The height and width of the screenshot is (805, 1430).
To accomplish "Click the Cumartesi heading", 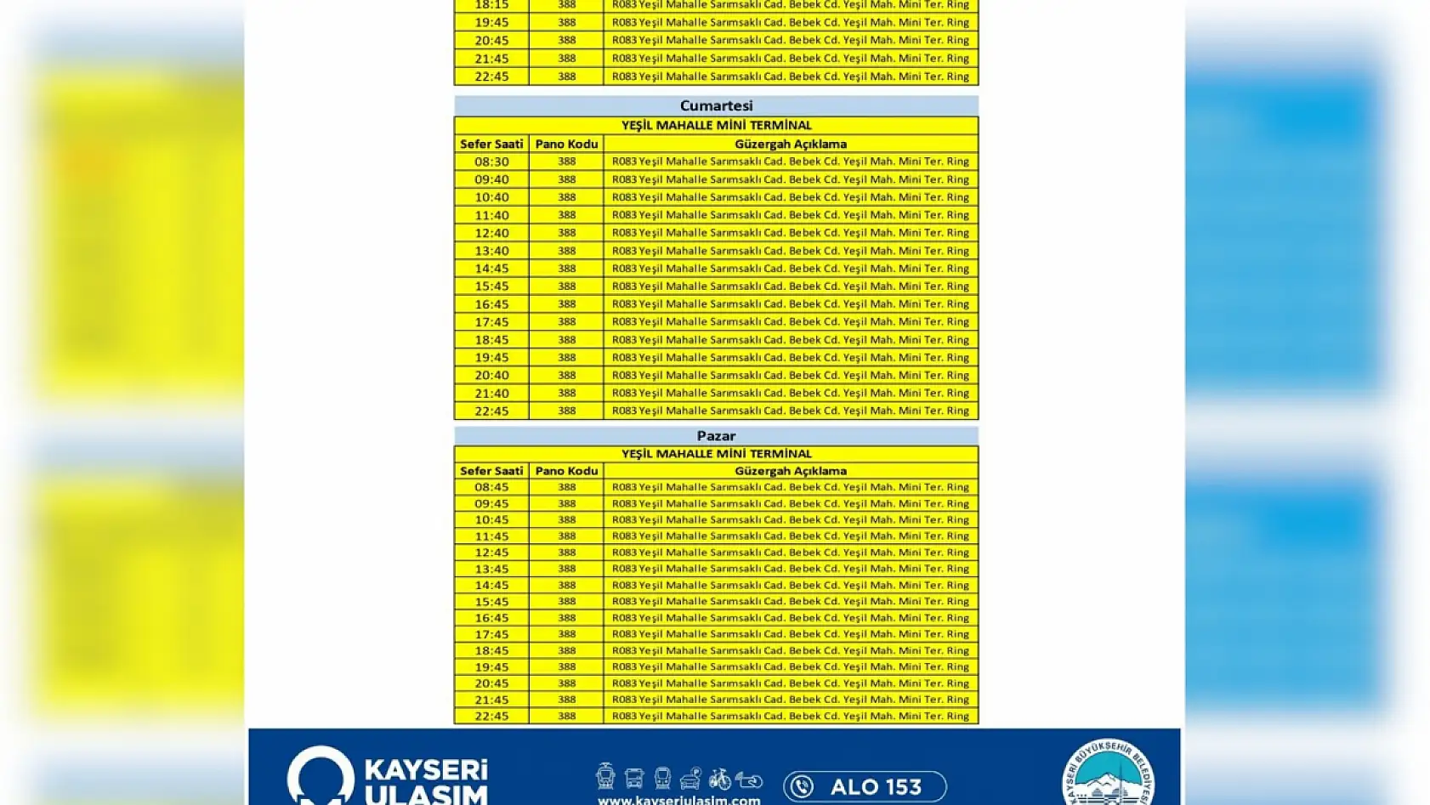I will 716,105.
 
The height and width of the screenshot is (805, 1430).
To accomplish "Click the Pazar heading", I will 716,435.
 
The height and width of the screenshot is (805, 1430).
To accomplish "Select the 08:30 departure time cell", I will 491,162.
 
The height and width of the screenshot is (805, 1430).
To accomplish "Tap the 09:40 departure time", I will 491,179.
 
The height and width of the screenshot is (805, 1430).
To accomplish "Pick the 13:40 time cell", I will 491,251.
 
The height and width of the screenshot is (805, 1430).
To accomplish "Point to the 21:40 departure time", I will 491,393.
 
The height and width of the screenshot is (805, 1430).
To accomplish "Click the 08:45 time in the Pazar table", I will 491,487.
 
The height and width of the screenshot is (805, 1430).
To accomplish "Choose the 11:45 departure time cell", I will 491,536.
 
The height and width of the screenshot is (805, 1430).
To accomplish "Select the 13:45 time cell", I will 491,569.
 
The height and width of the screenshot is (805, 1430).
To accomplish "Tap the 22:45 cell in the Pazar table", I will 491,716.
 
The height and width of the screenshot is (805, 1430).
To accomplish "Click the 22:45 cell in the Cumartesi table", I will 491,411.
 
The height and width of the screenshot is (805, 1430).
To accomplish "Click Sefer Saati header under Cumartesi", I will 491,144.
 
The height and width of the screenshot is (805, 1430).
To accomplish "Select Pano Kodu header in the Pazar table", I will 566,471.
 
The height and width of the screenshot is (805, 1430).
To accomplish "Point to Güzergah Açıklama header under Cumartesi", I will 791,144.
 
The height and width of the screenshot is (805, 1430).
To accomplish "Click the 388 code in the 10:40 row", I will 566,197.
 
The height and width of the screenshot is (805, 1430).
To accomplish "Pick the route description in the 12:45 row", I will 791,553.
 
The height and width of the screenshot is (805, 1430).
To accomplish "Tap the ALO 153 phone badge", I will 865,786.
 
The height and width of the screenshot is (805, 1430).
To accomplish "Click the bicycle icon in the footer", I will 719,778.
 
